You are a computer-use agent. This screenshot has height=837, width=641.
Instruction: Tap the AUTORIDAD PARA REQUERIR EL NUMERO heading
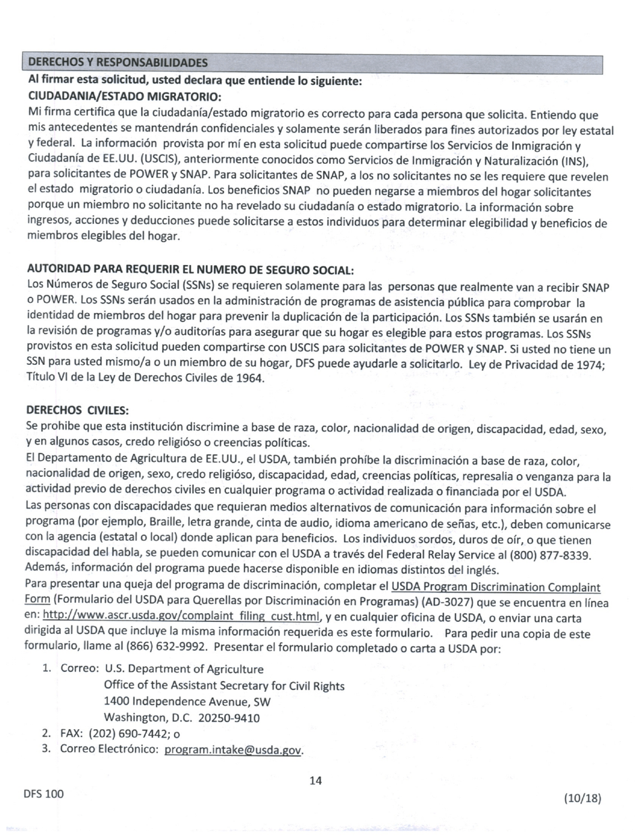click(x=190, y=270)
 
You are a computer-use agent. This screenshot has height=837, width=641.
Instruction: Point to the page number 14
click(x=315, y=781)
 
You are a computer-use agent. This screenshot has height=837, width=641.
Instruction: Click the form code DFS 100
click(x=43, y=794)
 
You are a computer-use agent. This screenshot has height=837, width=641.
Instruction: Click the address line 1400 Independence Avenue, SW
click(x=188, y=701)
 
